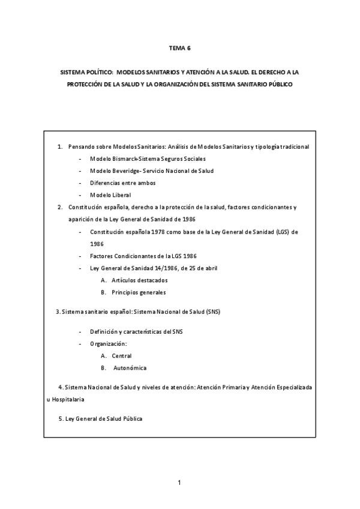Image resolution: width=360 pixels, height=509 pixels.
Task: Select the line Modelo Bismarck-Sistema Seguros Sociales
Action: tap(148, 159)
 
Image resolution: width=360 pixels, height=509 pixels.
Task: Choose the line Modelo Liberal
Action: tap(110, 195)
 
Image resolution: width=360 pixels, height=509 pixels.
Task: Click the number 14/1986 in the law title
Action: tap(155, 268)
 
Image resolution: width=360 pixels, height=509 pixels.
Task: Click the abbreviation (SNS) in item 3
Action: tap(212, 312)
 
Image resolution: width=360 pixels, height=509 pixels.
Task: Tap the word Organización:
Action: tap(109, 343)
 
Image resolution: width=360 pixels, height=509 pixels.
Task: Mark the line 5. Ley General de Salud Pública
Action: tap(100, 418)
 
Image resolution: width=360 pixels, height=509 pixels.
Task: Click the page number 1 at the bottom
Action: tap(179, 482)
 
